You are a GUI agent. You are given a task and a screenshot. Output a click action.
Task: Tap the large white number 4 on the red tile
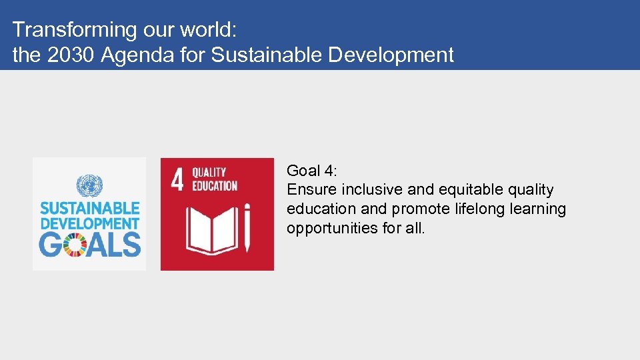tap(177, 179)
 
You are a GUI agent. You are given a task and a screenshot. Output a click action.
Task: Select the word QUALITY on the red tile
tap(209, 173)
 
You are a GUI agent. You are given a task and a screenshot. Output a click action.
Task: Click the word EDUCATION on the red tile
tap(215, 186)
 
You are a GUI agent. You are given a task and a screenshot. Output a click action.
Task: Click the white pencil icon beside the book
tap(247, 229)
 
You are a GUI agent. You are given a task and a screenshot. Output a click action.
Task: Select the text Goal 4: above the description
tap(312, 171)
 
